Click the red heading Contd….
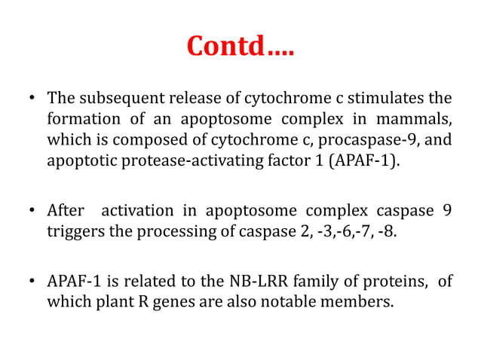[240, 47]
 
